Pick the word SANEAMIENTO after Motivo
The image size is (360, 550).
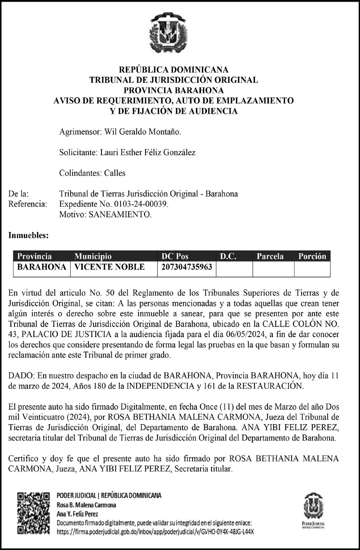pyautogui.click(x=120, y=214)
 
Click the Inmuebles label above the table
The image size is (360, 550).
pyautogui.click(x=29, y=235)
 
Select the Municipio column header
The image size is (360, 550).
pyautogui.click(x=93, y=256)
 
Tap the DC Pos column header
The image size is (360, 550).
pyautogui.click(x=175, y=256)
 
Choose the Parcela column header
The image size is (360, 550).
pyautogui.click(x=270, y=256)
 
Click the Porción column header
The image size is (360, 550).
pyautogui.click(x=312, y=256)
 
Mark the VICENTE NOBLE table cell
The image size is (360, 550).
pyautogui.click(x=110, y=267)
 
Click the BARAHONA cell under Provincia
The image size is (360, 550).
pyautogui.click(x=42, y=267)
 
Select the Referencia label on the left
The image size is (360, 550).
pyautogui.click(x=28, y=204)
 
